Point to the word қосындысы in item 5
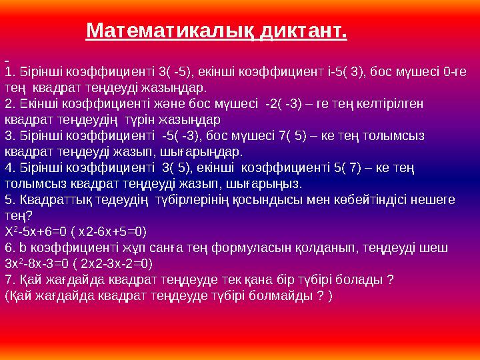click(275, 199)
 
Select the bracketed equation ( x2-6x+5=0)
click(113, 231)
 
